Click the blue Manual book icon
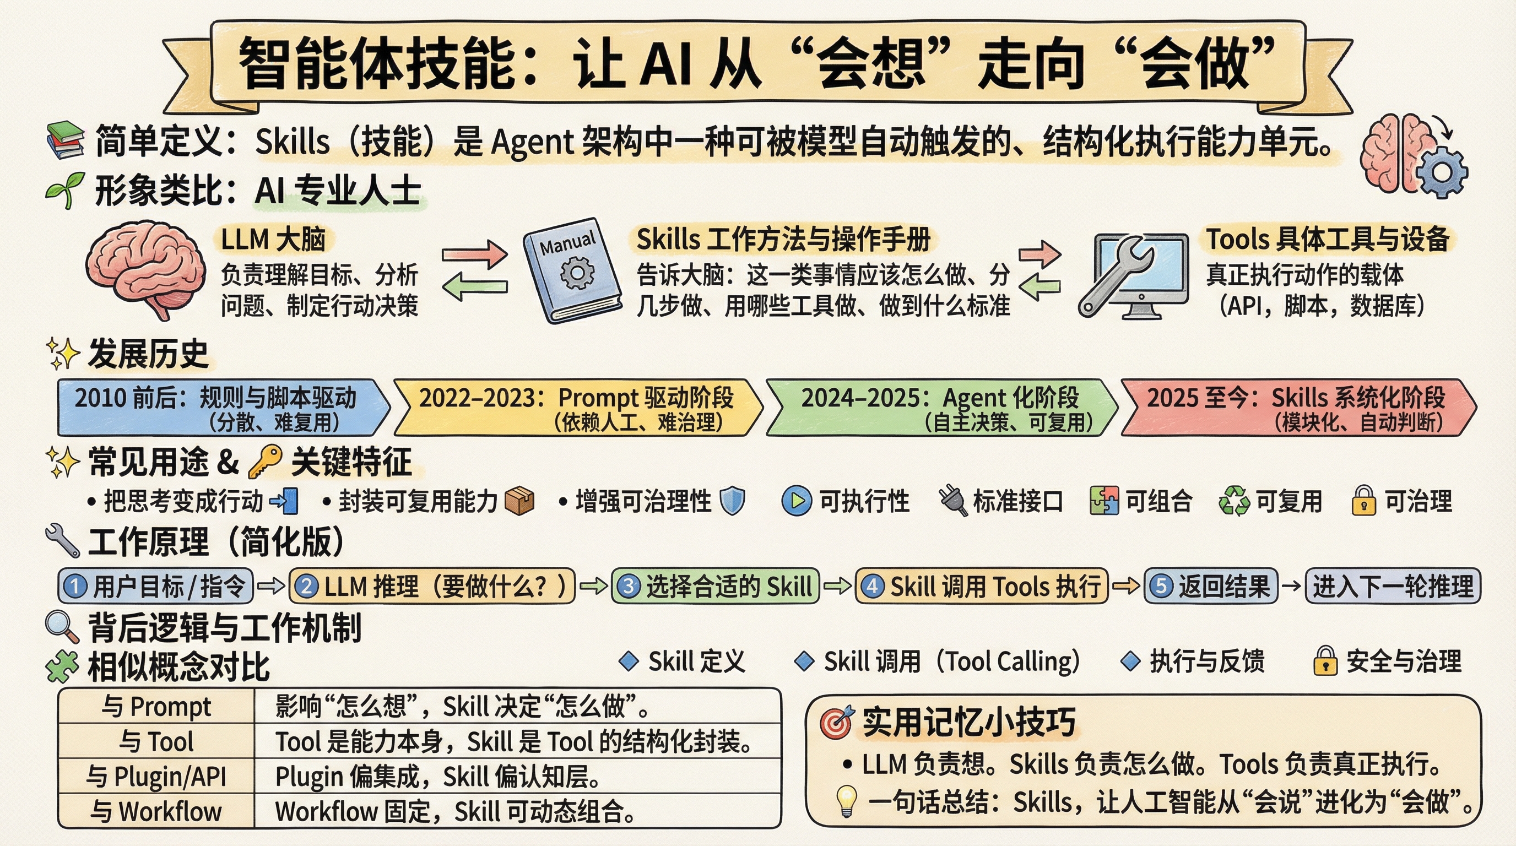(x=572, y=270)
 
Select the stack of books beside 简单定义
(x=66, y=139)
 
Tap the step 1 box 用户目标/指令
(x=155, y=586)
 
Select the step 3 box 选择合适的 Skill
(x=715, y=586)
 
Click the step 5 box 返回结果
(x=1211, y=586)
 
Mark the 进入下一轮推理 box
(x=1393, y=586)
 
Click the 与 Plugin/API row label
(x=156, y=776)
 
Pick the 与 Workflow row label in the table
(x=156, y=811)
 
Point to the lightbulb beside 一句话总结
(x=846, y=801)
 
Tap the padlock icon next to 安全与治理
(x=1325, y=661)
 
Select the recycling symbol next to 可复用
(x=1234, y=501)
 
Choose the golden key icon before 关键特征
(x=264, y=462)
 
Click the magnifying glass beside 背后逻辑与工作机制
(x=62, y=627)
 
